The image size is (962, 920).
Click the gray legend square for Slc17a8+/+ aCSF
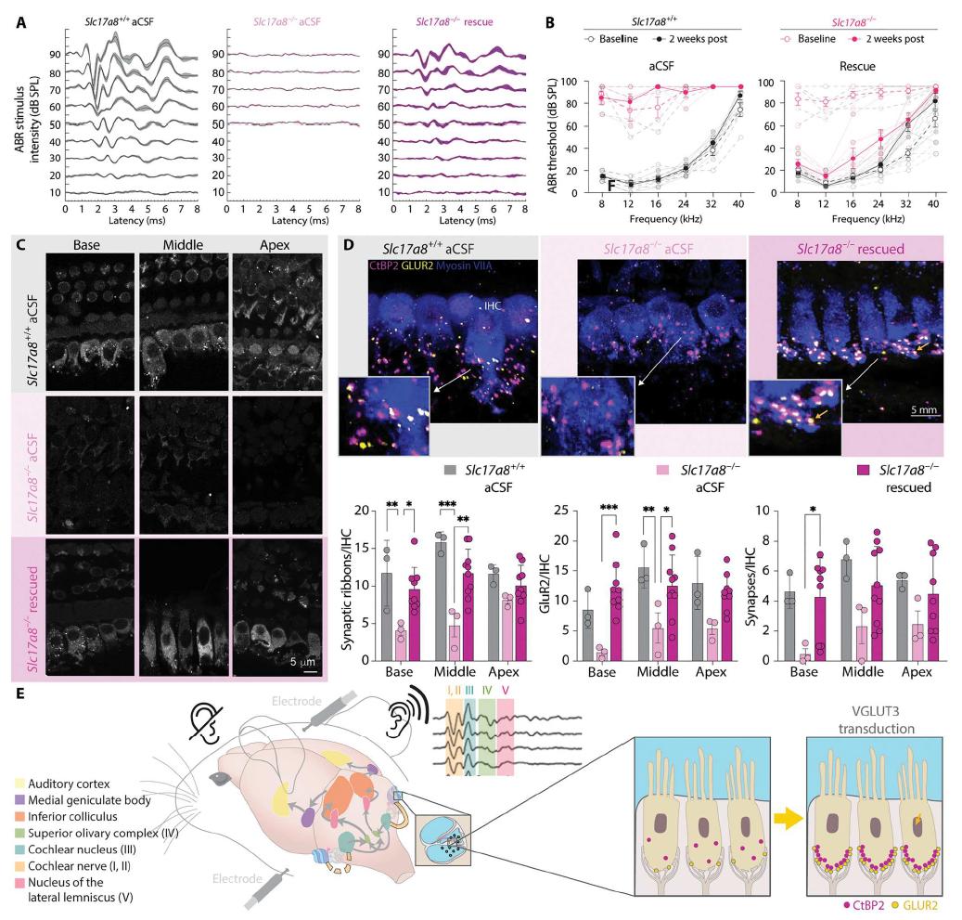(x=451, y=472)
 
